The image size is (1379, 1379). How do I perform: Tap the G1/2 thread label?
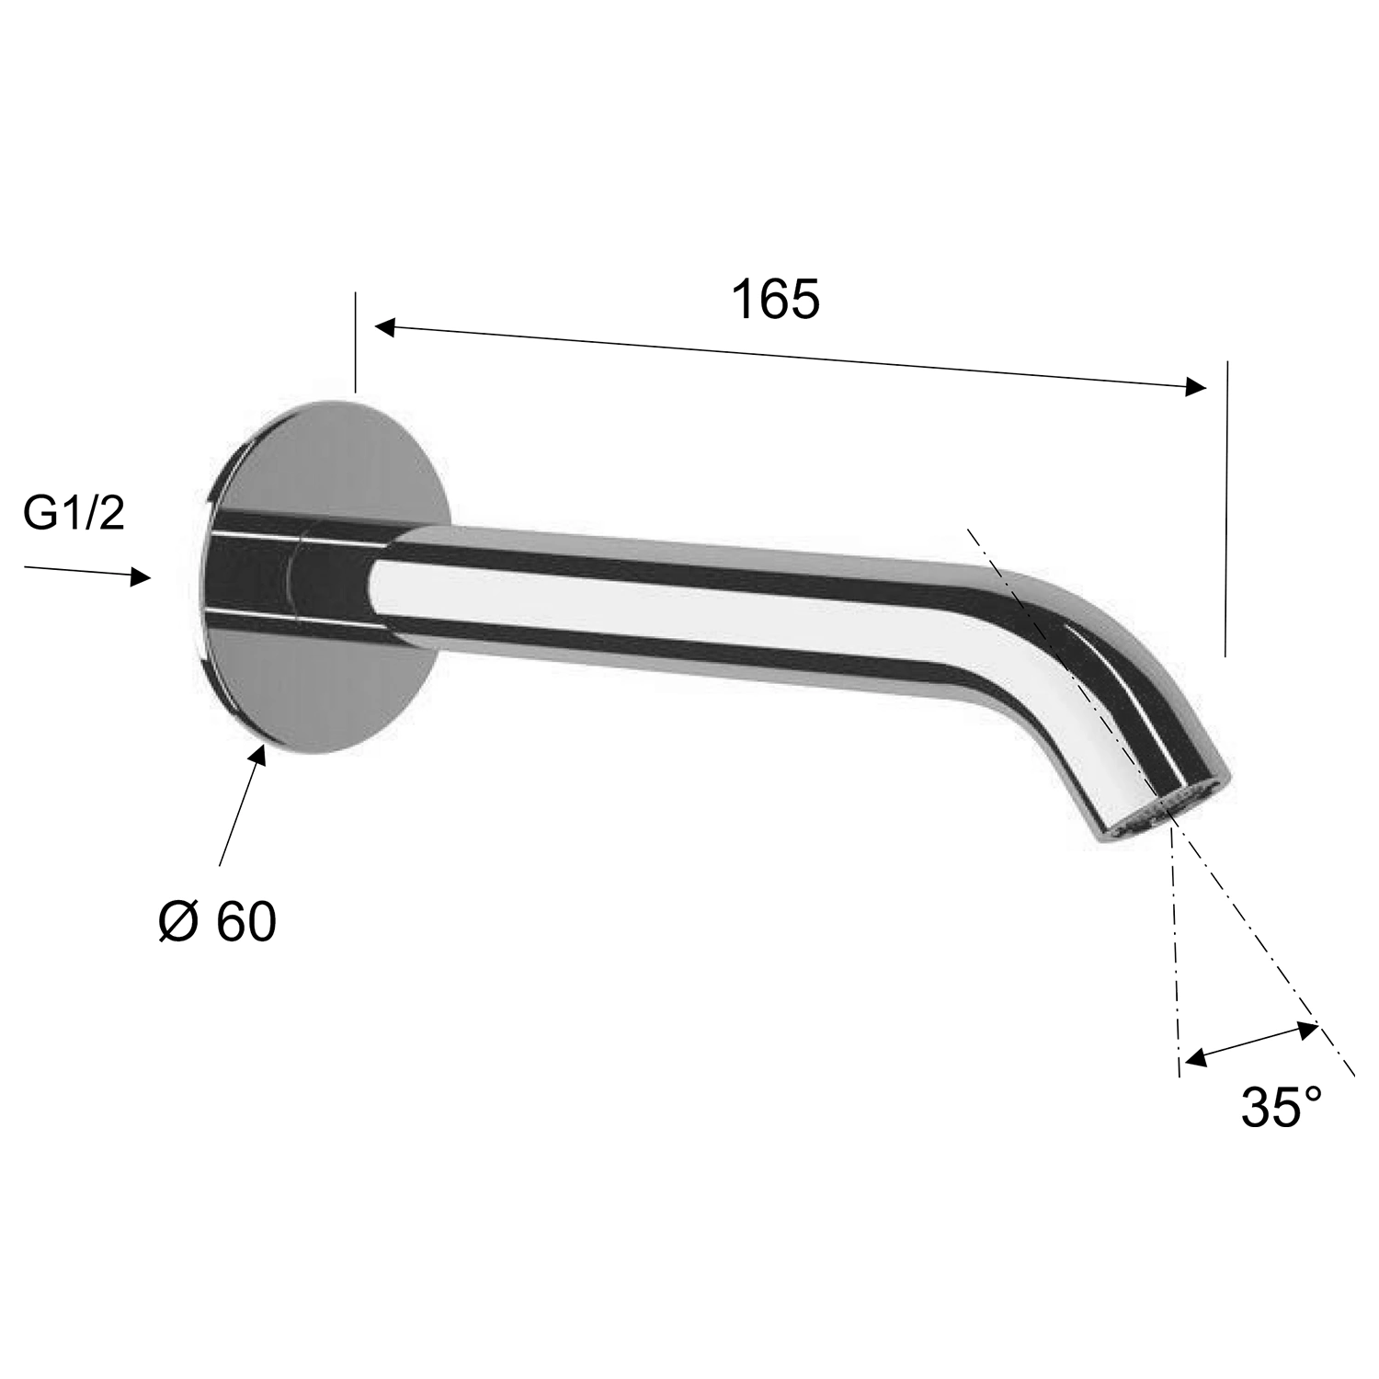tap(74, 514)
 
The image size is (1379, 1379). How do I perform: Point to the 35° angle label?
tap(1282, 1106)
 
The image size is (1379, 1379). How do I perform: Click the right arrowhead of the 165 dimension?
tap(1195, 387)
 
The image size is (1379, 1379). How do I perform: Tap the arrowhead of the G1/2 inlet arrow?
tap(141, 576)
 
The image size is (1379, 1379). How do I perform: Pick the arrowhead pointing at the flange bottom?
tap(259, 754)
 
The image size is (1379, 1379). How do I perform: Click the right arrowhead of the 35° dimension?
tap(1308, 1029)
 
